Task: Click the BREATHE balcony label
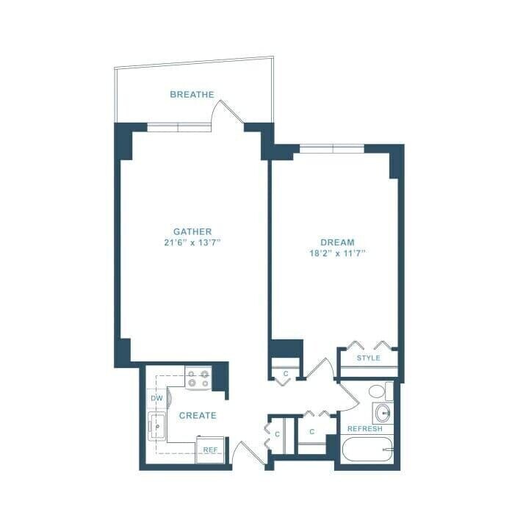[192, 94]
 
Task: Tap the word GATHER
[192, 231]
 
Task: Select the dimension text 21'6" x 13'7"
[192, 242]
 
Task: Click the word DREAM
[337, 242]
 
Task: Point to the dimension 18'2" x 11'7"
[337, 253]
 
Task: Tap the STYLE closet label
[368, 358]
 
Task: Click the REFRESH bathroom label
[365, 429]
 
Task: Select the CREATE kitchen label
[198, 415]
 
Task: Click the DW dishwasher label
[156, 398]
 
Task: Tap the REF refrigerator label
[210, 450]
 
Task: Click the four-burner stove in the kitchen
[198, 378]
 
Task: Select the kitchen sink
[156, 425]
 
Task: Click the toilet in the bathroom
[378, 391]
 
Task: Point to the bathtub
[367, 449]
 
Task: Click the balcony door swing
[224, 114]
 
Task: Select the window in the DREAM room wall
[332, 148]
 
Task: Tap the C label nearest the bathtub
[311, 431]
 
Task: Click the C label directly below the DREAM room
[286, 373]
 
